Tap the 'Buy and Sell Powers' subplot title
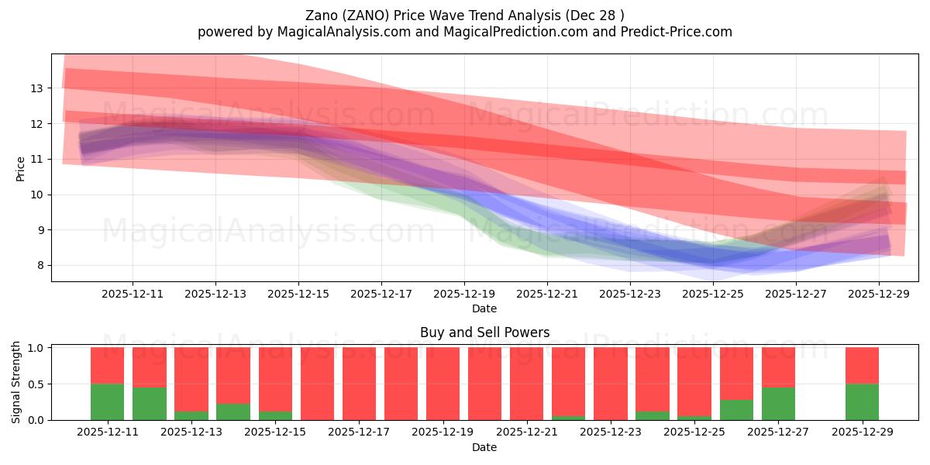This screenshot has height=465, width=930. tap(484, 332)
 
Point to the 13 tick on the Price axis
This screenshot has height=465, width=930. tap(36, 88)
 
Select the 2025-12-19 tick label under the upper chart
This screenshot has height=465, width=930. tap(463, 294)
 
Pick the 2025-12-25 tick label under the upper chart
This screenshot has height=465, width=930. tap(713, 294)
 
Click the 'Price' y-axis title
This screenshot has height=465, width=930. tap(21, 167)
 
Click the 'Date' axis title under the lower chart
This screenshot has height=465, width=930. tap(484, 447)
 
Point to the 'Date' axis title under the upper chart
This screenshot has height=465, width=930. tap(484, 308)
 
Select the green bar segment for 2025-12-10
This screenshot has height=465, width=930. tap(107, 402)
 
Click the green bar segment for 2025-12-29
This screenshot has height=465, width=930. tap(862, 402)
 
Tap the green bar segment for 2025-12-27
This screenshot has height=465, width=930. tap(778, 404)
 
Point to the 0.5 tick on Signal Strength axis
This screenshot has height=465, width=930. tap(36, 384)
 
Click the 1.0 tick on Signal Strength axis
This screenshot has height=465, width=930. tap(36, 348)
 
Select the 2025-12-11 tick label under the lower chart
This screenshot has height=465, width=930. tap(108, 432)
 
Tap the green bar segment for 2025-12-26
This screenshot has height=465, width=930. tap(736, 410)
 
